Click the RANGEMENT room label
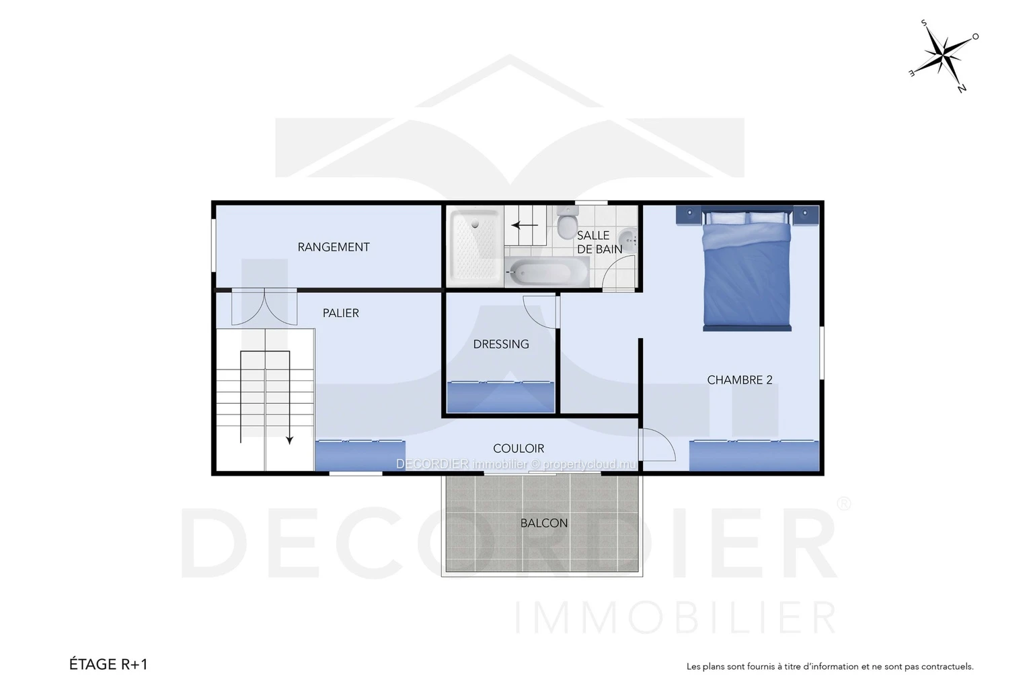pyautogui.click(x=334, y=247)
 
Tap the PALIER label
pyautogui.click(x=340, y=313)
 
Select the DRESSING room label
pyautogui.click(x=501, y=344)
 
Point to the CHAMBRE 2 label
pyautogui.click(x=739, y=380)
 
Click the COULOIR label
pyautogui.click(x=519, y=448)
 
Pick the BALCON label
pyautogui.click(x=543, y=523)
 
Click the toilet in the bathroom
pyautogui.click(x=566, y=221)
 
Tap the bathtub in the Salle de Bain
pyautogui.click(x=547, y=272)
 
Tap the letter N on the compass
pyautogui.click(x=962, y=88)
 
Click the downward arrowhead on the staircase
pyautogui.click(x=289, y=440)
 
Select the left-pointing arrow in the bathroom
pyautogui.click(x=525, y=225)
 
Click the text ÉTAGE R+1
pyautogui.click(x=108, y=664)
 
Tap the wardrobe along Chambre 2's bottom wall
pyautogui.click(x=754, y=456)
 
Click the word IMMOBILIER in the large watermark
pyautogui.click(x=675, y=617)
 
